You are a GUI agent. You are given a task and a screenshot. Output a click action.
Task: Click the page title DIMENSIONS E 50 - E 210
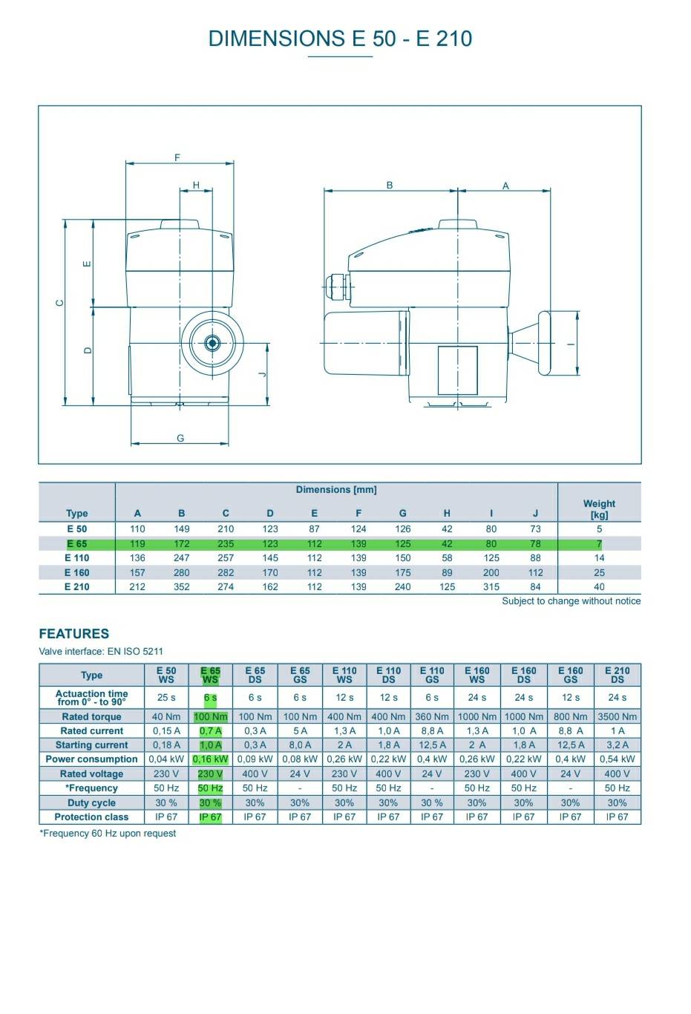point(340,39)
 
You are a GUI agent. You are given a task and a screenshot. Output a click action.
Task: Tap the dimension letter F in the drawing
point(177,157)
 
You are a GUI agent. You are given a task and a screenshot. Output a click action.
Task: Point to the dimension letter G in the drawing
point(180,438)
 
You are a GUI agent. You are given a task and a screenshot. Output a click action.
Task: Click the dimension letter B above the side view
point(390,185)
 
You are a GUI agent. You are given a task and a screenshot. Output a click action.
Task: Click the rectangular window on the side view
point(457,370)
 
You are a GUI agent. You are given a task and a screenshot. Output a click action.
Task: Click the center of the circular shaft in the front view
point(212,343)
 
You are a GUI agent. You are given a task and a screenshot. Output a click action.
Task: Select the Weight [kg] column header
point(599,508)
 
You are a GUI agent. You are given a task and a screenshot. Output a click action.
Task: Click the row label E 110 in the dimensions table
point(77,557)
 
